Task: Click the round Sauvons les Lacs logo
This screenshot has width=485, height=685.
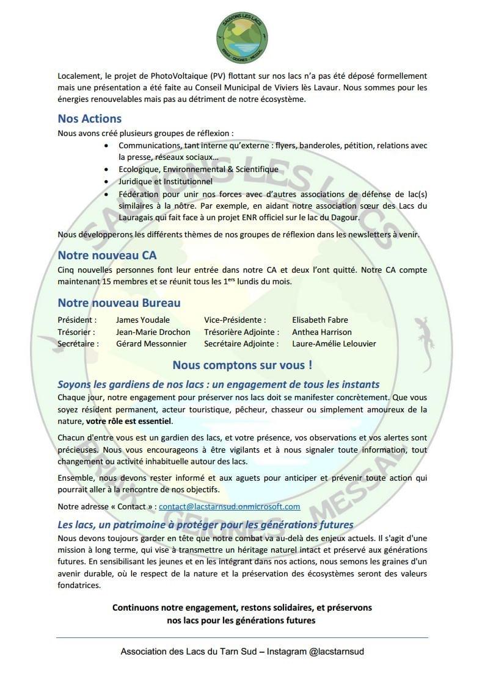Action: click(x=242, y=34)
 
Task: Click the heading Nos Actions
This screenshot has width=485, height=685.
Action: click(x=90, y=118)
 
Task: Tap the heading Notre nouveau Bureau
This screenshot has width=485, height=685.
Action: click(x=119, y=303)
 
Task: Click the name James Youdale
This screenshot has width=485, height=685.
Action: click(x=143, y=320)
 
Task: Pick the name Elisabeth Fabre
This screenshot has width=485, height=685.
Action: click(x=320, y=320)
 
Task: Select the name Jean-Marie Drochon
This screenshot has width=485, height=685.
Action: click(x=153, y=332)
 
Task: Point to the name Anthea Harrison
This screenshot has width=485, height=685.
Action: click(x=322, y=332)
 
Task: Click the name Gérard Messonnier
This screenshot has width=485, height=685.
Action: click(x=151, y=343)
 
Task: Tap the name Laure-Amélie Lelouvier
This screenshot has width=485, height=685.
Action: click(x=334, y=343)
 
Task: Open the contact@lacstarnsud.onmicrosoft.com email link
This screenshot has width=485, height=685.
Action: click(x=230, y=506)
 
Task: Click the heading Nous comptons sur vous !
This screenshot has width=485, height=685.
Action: click(x=242, y=365)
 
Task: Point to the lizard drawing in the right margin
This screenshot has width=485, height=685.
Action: click(x=422, y=342)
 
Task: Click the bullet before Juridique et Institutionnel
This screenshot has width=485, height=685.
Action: click(x=108, y=181)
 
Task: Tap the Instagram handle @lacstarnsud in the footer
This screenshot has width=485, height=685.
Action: click(x=337, y=651)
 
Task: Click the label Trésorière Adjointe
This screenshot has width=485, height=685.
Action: click(x=241, y=332)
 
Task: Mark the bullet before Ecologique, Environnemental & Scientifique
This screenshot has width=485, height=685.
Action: click(x=108, y=169)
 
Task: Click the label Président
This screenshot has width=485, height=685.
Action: click(x=77, y=320)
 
